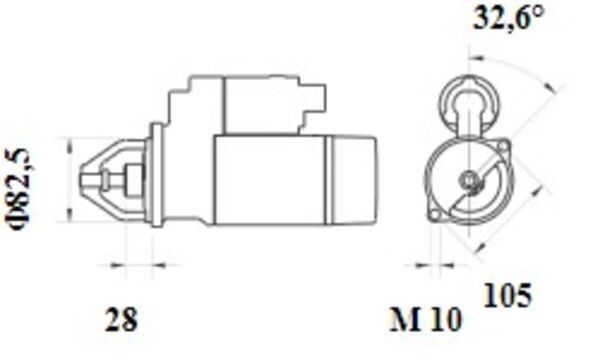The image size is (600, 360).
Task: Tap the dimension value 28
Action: point(122,320)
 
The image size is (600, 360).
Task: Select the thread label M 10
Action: point(426,320)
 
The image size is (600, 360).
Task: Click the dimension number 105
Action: point(508,296)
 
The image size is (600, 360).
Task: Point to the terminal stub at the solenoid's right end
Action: point(321,97)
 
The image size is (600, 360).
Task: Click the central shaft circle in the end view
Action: point(468,181)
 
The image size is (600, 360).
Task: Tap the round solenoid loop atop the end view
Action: point(468,100)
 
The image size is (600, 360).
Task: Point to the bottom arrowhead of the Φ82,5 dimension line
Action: point(67,215)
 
